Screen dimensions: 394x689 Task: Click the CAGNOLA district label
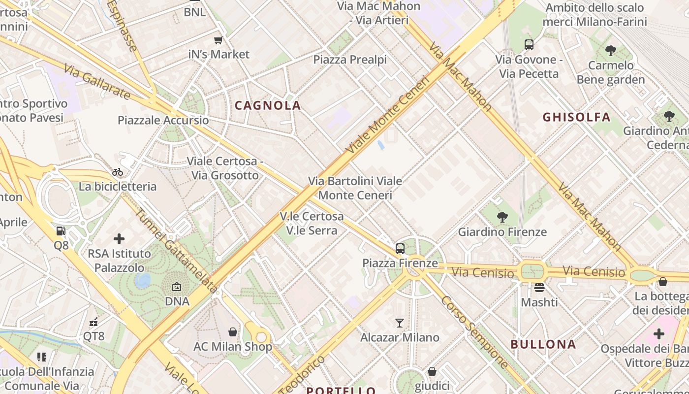click(268, 105)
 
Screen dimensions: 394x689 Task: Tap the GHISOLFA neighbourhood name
click(576, 117)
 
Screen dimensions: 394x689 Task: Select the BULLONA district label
click(543, 344)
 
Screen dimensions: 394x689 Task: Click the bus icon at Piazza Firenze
click(400, 249)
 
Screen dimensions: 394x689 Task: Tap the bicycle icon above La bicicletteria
click(118, 172)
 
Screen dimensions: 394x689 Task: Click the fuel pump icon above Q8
click(61, 230)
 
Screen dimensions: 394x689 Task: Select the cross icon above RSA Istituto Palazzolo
click(119, 239)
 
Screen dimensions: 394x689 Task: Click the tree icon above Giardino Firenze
click(502, 217)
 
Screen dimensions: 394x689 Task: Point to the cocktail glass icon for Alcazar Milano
click(400, 323)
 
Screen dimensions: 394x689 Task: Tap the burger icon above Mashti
click(539, 287)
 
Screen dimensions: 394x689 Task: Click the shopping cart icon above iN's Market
click(219, 40)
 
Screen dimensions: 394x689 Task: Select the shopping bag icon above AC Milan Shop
click(233, 332)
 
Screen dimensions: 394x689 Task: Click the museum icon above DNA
click(177, 286)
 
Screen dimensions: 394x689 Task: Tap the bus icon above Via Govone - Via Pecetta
click(529, 45)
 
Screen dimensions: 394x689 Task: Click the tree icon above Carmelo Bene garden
click(611, 50)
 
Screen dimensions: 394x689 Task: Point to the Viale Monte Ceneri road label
click(388, 114)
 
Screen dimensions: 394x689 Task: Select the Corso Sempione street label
click(474, 332)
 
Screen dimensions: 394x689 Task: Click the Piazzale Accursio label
click(163, 121)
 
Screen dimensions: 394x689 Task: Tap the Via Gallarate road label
click(97, 81)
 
